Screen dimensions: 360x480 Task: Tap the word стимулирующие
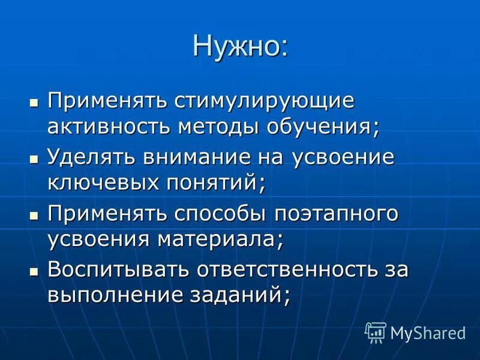coord(265,101)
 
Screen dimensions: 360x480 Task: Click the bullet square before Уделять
coord(34,158)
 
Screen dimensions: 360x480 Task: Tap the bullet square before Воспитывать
coord(34,271)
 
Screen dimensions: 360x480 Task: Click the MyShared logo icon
coord(376,332)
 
